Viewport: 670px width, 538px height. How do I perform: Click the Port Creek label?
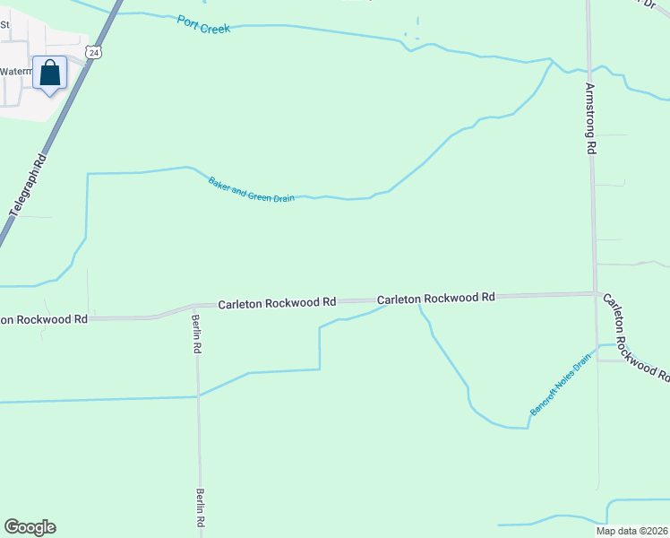point(204,26)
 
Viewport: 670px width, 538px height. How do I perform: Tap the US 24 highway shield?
point(94,53)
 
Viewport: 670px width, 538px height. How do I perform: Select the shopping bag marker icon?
point(50,73)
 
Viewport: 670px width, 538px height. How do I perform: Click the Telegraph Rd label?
point(27,189)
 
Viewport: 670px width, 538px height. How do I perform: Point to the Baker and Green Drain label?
point(251,189)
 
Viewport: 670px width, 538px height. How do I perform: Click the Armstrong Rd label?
point(590,117)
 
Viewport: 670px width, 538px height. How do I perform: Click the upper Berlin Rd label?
point(197,333)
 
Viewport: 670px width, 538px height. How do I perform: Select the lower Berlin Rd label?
point(201,508)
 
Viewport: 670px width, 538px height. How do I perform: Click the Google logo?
point(30,527)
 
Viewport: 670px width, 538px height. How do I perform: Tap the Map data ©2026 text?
point(631,531)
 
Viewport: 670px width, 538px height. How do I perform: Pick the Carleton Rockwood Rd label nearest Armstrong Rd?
point(436,297)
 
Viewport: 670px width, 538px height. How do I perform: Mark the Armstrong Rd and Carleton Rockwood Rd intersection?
point(596,293)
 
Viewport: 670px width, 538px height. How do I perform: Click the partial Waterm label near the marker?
point(16,71)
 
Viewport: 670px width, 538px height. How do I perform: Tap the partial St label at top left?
point(4,25)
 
